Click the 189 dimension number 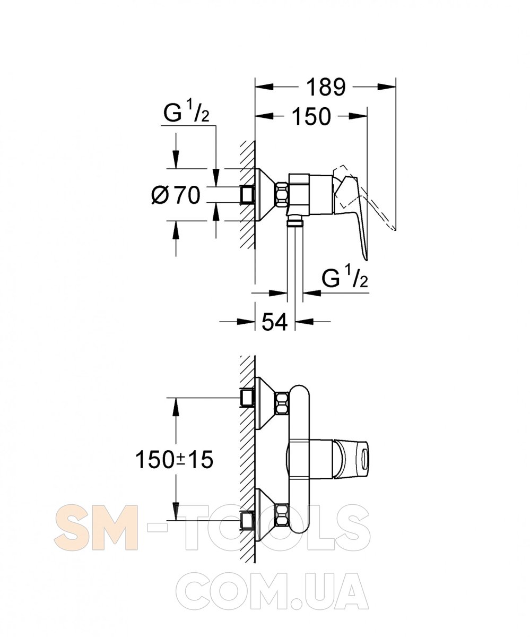pyautogui.click(x=326, y=87)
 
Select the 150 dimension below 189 pyautogui.click(x=311, y=116)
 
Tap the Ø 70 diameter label pyautogui.click(x=176, y=195)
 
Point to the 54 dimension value pyautogui.click(x=274, y=322)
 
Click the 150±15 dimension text pyautogui.click(x=174, y=460)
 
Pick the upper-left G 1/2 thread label pyautogui.click(x=186, y=112)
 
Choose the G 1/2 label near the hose pyautogui.click(x=345, y=276)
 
